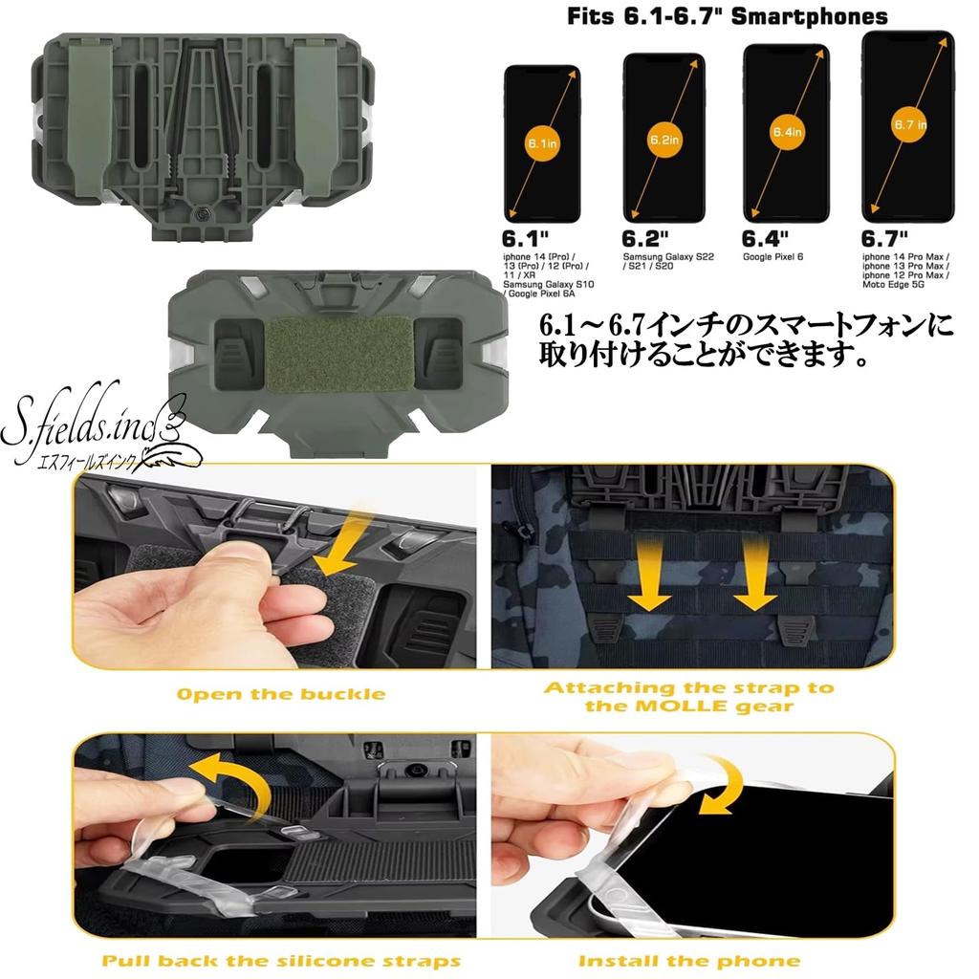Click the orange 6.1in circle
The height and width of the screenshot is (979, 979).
click(542, 143)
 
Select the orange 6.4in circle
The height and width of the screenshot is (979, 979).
click(786, 133)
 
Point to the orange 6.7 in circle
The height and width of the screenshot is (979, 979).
click(908, 125)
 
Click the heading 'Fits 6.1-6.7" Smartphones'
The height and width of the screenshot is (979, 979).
click(727, 16)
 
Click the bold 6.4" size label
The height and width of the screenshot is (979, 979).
click(765, 239)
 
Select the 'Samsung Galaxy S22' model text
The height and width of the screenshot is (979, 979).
click(666, 258)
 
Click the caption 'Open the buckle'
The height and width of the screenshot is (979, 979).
click(281, 693)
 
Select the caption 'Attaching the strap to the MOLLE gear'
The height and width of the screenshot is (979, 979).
click(688, 696)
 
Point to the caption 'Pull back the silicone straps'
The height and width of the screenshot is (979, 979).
click(281, 960)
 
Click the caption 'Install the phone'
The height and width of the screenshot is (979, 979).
click(688, 960)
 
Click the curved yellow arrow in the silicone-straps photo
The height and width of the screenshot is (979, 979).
click(225, 772)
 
